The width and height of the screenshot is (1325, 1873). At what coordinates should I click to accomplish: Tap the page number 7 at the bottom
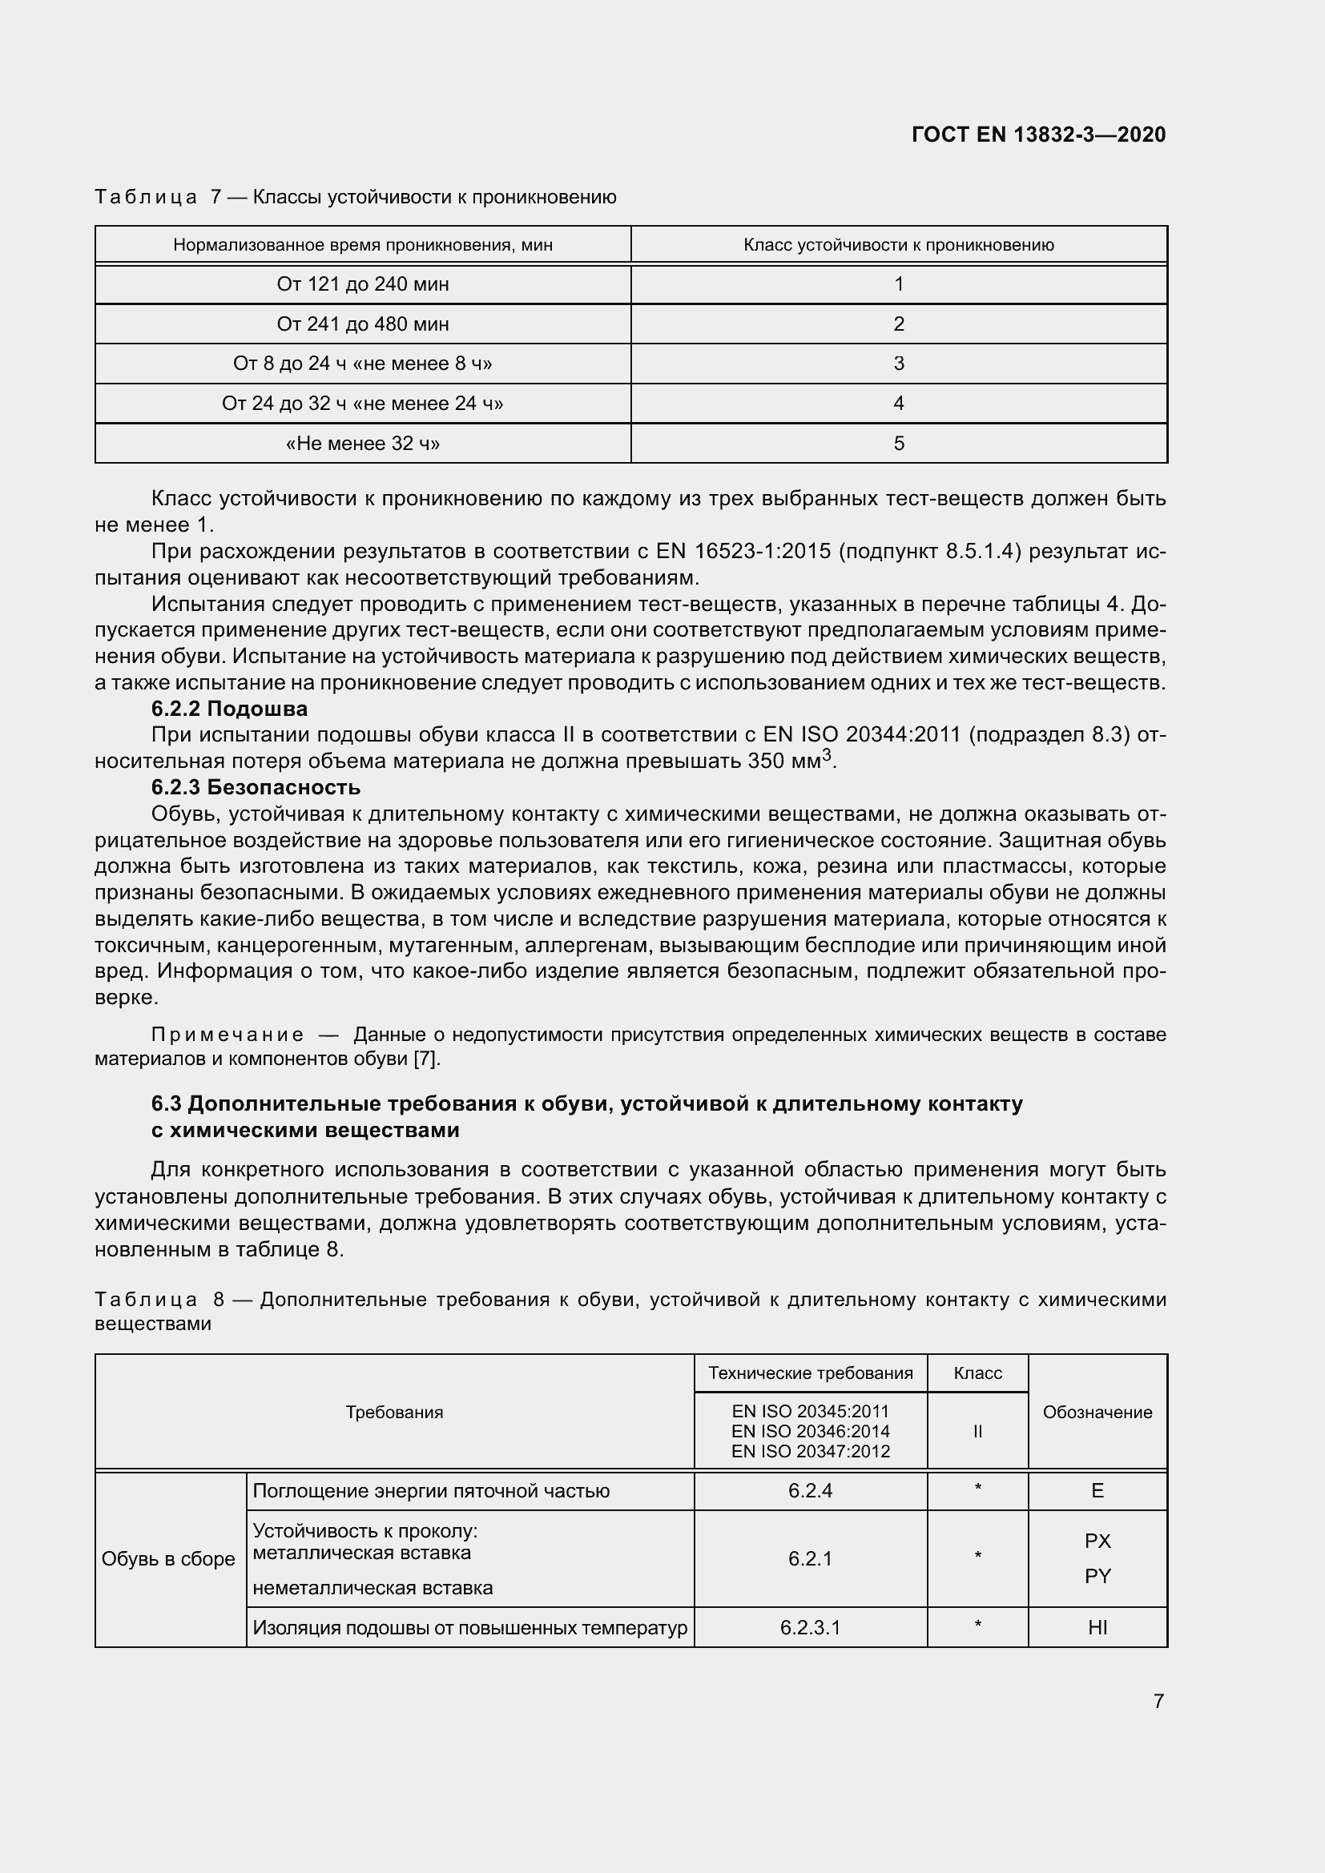[x=1158, y=1701]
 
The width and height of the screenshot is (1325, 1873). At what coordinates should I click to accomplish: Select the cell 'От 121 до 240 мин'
[x=362, y=284]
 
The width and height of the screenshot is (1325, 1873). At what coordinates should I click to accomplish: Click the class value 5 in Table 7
[x=898, y=443]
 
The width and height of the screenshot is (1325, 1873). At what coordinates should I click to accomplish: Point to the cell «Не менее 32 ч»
[x=362, y=443]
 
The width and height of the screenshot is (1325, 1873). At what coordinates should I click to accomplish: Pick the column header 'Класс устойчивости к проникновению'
[x=898, y=245]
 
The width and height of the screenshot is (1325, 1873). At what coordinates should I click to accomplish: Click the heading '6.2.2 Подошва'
[x=229, y=708]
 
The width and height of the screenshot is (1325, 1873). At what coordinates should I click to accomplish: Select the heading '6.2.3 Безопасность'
[x=256, y=787]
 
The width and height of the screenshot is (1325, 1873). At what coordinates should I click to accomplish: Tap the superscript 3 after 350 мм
[x=827, y=754]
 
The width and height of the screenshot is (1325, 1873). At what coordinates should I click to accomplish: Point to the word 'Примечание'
[x=228, y=1035]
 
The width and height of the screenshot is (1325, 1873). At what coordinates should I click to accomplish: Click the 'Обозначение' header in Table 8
[x=1097, y=1412]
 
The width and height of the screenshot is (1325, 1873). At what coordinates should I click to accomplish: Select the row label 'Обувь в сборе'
[x=168, y=1559]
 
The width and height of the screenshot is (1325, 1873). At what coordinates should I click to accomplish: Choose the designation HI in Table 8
[x=1097, y=1627]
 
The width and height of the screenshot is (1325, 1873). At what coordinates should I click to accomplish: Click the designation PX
[x=1097, y=1541]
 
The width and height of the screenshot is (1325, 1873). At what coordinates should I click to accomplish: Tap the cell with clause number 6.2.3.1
[x=809, y=1627]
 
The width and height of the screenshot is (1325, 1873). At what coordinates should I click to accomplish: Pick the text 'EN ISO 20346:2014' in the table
[x=809, y=1431]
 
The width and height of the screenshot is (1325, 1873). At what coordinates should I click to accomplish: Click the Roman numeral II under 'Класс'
[x=977, y=1431]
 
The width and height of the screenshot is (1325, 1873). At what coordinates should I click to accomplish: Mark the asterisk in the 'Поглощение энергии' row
[x=977, y=1489]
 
